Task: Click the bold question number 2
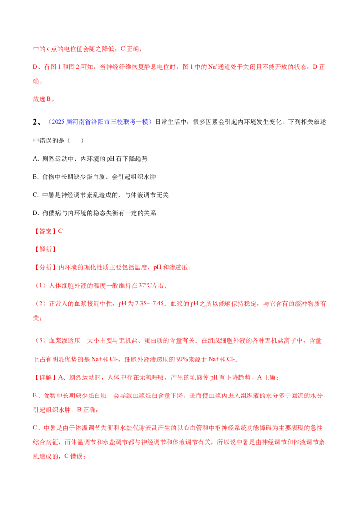(x=36, y=122)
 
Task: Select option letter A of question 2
(x=35, y=159)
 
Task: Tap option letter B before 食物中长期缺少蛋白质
(x=35, y=177)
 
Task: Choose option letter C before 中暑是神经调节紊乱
(x=35, y=195)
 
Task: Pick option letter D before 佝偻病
(x=35, y=213)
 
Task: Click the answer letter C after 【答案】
(x=60, y=232)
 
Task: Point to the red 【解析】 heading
(x=45, y=250)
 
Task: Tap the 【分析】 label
(x=45, y=268)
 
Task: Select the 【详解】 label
(x=45, y=378)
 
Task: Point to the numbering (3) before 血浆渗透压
(x=40, y=341)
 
